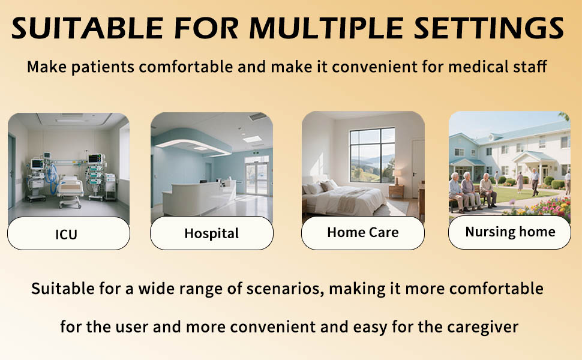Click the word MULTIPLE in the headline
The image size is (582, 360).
326,28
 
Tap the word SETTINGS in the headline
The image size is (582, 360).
489,28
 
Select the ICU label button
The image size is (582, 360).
68,233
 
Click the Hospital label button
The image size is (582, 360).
212,233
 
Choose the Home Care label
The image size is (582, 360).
362,233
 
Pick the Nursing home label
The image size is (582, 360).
509,232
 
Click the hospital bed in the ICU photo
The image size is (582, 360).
70,190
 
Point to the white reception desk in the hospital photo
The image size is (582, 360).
199,197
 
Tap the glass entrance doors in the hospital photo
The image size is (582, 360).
257,179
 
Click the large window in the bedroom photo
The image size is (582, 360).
372,155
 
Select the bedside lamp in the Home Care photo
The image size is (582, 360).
397,176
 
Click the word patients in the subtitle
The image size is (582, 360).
103,67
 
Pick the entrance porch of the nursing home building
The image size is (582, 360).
535,165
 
